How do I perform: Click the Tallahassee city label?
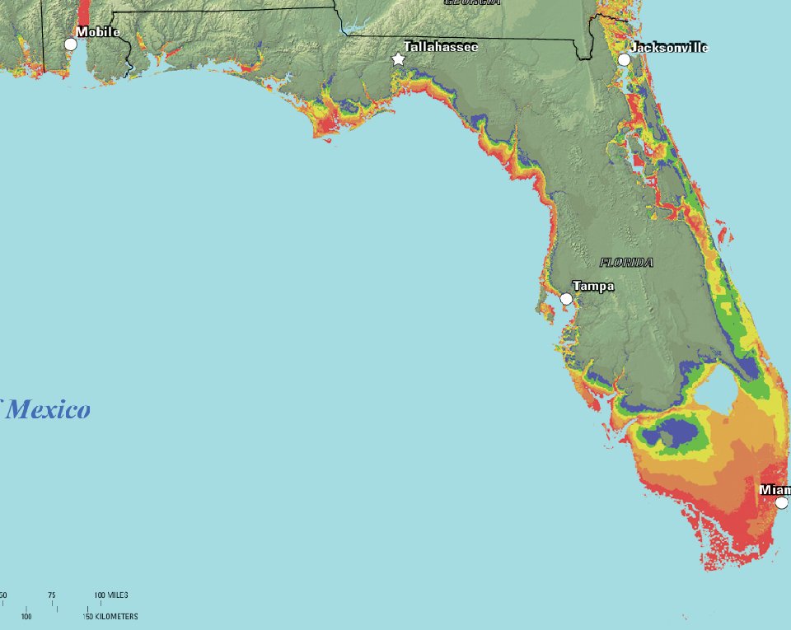[x=440, y=47]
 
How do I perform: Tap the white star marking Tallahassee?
[x=399, y=59]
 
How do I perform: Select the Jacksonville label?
[x=667, y=47]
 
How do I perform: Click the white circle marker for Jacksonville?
[x=625, y=59]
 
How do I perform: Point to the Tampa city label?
[x=593, y=286]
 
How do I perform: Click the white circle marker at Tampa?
[x=566, y=299]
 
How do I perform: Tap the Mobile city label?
[x=98, y=32]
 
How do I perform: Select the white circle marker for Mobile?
[x=71, y=44]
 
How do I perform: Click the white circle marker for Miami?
[x=781, y=502]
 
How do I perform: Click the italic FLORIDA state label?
[x=626, y=263]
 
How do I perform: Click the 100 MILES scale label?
[x=111, y=595]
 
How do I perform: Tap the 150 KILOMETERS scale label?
[x=110, y=616]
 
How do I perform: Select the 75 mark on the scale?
[x=51, y=595]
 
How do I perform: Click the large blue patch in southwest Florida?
[x=673, y=432]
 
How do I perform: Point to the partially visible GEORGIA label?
[x=471, y=2]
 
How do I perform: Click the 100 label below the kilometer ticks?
[x=26, y=616]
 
